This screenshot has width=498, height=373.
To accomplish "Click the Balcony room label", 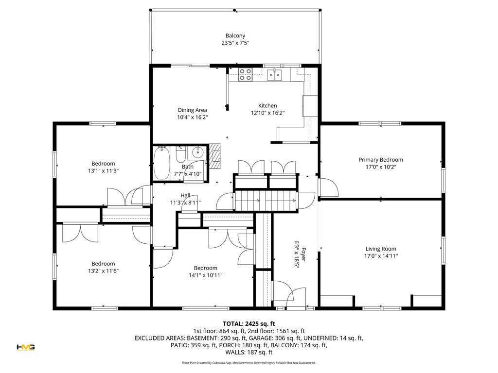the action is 235,36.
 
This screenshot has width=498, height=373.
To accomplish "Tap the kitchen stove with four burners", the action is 246,74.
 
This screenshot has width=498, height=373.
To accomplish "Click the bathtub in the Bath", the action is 161,163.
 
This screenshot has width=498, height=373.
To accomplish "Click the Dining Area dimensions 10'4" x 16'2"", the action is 192,118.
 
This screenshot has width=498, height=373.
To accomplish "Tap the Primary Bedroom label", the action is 381,160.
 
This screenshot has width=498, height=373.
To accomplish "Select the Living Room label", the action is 381,249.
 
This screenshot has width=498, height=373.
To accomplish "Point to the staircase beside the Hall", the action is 266,201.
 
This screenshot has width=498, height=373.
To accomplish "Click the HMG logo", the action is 26,347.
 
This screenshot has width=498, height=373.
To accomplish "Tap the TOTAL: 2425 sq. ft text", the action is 249,324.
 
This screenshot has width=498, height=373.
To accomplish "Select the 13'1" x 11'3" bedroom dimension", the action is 103,171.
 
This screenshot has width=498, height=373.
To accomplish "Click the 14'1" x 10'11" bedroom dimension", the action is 206,275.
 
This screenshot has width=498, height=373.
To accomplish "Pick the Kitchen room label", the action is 267,105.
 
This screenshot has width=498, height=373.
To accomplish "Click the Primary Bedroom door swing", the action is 329,188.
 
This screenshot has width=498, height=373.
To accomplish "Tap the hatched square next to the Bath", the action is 214,156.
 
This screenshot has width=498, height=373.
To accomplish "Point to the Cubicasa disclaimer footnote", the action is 249,362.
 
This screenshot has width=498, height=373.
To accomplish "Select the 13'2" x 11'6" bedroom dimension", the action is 103,271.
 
